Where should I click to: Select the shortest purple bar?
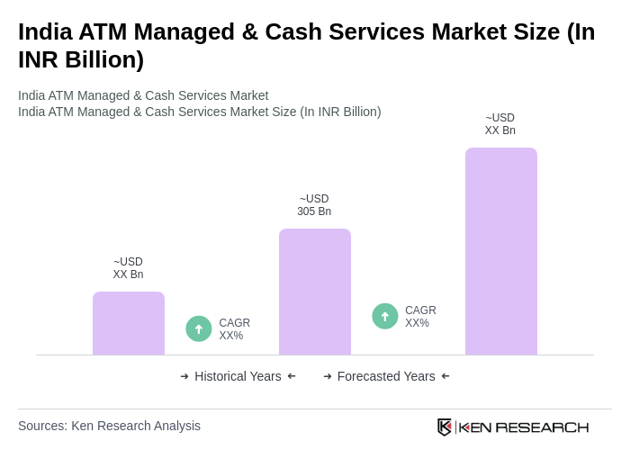(129, 323)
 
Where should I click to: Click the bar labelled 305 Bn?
(314, 292)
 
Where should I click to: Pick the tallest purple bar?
(500, 251)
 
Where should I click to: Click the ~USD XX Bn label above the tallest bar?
(500, 124)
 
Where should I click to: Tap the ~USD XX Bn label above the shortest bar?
(129, 268)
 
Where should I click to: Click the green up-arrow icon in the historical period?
(199, 329)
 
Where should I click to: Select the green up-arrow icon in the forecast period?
(385, 317)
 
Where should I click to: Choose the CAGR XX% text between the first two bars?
(234, 329)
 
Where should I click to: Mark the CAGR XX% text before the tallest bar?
(420, 317)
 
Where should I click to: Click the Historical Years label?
(238, 376)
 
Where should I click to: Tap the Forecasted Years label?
(386, 376)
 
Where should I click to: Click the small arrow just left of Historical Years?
(184, 376)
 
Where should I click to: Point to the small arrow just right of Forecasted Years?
(445, 376)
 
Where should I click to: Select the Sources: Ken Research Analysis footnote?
(109, 426)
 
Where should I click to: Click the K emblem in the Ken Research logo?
(445, 427)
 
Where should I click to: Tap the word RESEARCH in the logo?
(542, 427)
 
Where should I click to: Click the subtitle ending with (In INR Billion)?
(199, 112)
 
